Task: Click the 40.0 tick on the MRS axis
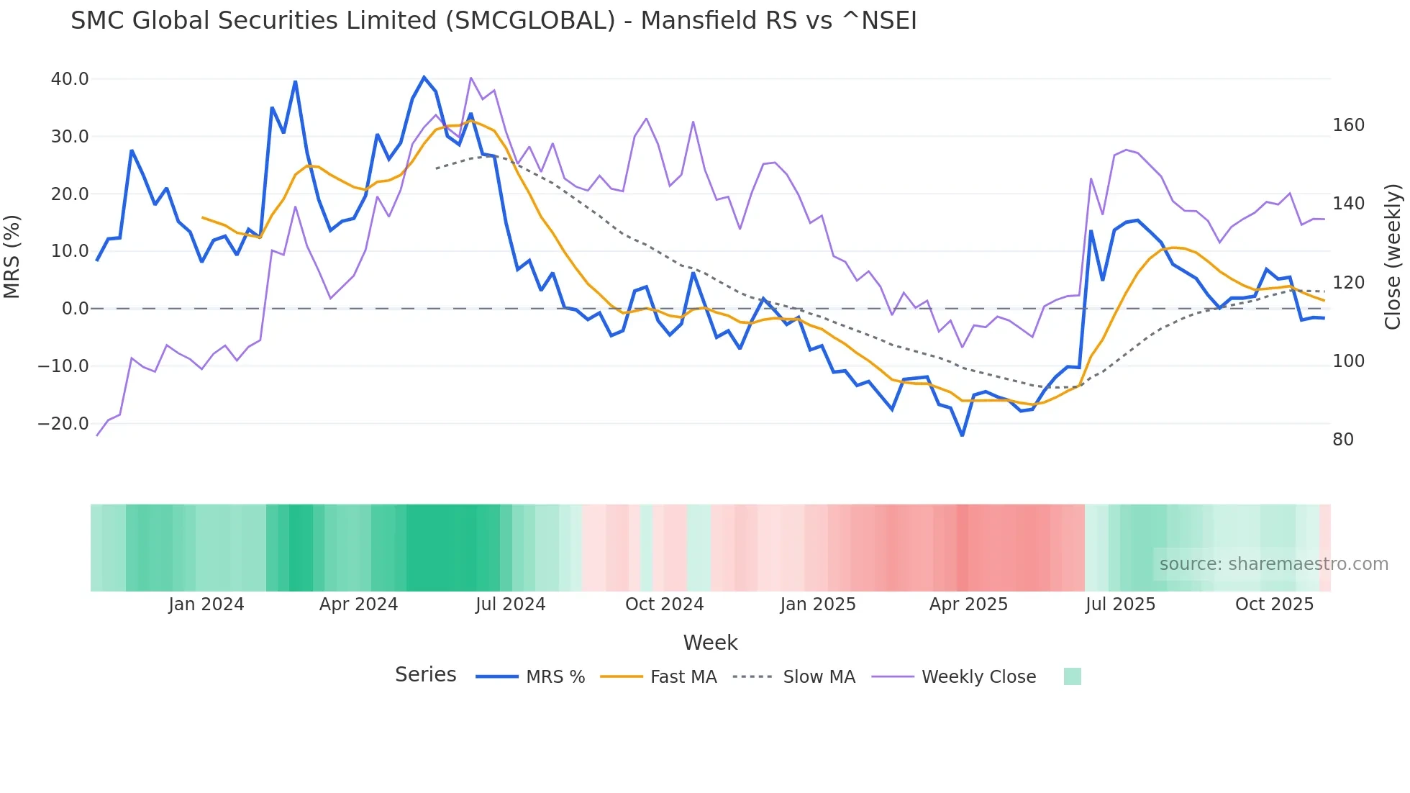[x=69, y=79]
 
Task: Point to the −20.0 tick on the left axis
[x=63, y=424]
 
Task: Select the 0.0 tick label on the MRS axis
[x=75, y=309]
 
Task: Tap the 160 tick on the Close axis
[x=1348, y=125]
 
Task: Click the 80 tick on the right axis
[x=1343, y=440]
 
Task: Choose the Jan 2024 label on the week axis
[x=206, y=604]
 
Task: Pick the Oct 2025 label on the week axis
[x=1274, y=604]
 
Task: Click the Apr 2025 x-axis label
[x=968, y=604]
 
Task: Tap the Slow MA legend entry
[x=794, y=677]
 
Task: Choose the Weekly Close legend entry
[x=954, y=677]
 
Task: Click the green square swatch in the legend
[x=1072, y=676]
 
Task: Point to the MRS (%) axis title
[x=12, y=256]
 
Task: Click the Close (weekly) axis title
[x=1393, y=256]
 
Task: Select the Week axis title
[x=710, y=643]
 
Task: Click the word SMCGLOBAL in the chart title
[x=530, y=21]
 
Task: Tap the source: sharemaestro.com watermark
[x=1273, y=564]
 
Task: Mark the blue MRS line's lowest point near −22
[x=962, y=435]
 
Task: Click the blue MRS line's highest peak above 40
[x=424, y=77]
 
